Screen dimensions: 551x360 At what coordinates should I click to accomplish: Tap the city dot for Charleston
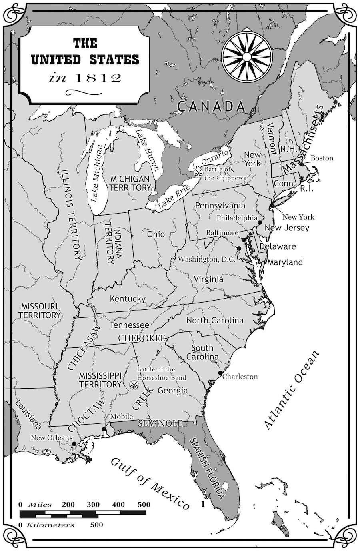pyautogui.click(x=220, y=373)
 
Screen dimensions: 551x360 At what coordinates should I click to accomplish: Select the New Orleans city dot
pyautogui.click(x=74, y=444)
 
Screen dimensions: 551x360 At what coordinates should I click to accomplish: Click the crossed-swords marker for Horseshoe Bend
pyautogui.click(x=134, y=385)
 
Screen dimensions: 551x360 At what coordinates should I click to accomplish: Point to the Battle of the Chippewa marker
pyautogui.click(x=198, y=173)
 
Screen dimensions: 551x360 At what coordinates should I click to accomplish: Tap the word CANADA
pyautogui.click(x=211, y=106)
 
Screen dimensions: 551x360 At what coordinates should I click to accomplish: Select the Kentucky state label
pyautogui.click(x=128, y=299)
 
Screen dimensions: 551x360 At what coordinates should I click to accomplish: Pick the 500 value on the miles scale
pyautogui.click(x=144, y=504)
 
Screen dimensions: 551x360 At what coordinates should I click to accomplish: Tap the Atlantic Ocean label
pyautogui.click(x=292, y=389)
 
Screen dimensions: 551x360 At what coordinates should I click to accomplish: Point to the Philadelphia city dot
pyautogui.click(x=260, y=222)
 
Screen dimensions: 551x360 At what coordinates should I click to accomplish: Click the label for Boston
pyautogui.click(x=322, y=158)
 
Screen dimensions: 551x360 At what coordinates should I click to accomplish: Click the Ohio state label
pyautogui.click(x=156, y=234)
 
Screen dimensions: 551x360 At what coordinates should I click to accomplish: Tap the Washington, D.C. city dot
pyautogui.click(x=239, y=248)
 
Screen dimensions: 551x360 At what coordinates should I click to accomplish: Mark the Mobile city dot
pyautogui.click(x=104, y=429)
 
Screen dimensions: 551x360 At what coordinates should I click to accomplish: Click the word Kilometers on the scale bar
pyautogui.click(x=50, y=525)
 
